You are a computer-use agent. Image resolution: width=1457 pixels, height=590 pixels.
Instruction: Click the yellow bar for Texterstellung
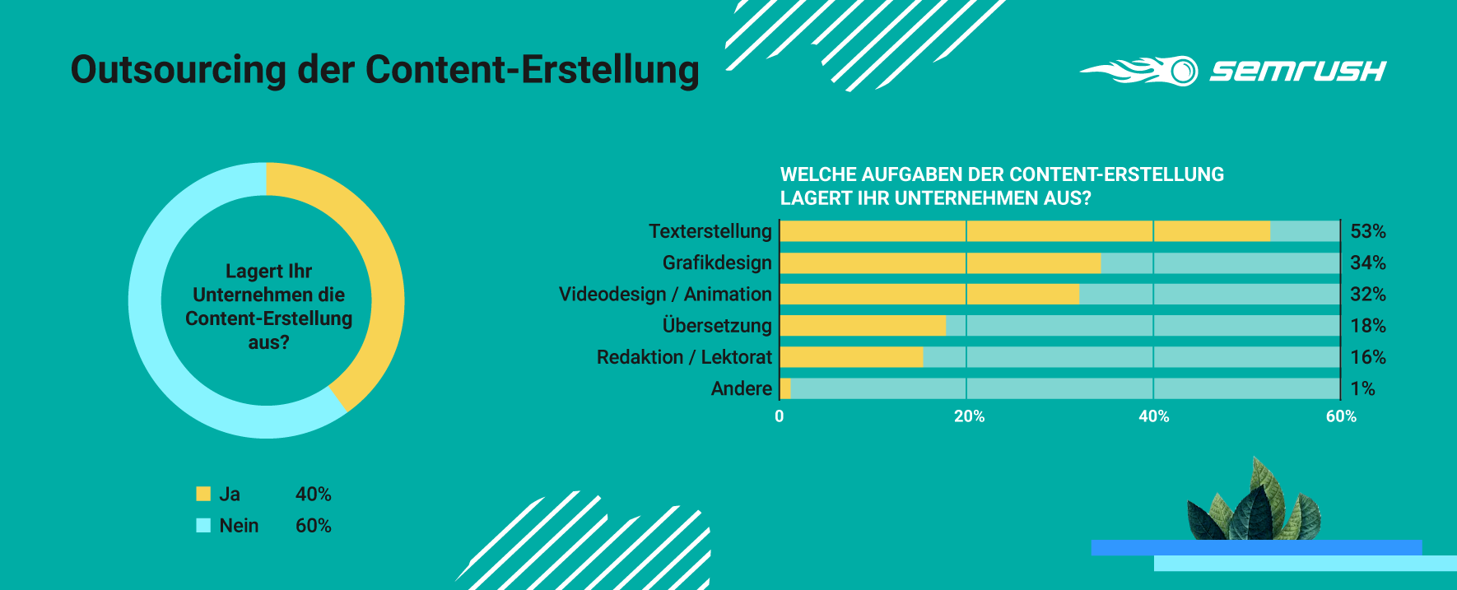1025,231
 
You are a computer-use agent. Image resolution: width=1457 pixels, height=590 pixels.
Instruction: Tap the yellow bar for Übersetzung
863,326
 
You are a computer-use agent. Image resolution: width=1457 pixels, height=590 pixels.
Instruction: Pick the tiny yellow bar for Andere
785,388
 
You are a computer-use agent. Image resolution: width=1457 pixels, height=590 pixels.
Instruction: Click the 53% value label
1368,231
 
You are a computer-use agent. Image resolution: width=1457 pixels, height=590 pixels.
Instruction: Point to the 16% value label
1368,357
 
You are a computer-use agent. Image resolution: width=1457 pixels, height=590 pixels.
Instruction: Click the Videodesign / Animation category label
665,295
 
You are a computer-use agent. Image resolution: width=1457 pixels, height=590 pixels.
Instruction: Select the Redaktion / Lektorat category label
684,357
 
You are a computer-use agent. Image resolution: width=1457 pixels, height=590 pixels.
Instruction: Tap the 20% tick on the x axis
969,416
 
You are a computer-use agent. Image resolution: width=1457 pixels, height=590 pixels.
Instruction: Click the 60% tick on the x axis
1341,416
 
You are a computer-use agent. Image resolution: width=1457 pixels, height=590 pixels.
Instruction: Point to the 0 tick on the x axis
780,416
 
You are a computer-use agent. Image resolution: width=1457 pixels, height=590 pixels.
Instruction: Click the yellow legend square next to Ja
203,494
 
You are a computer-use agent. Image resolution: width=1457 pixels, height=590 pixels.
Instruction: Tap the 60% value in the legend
313,526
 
